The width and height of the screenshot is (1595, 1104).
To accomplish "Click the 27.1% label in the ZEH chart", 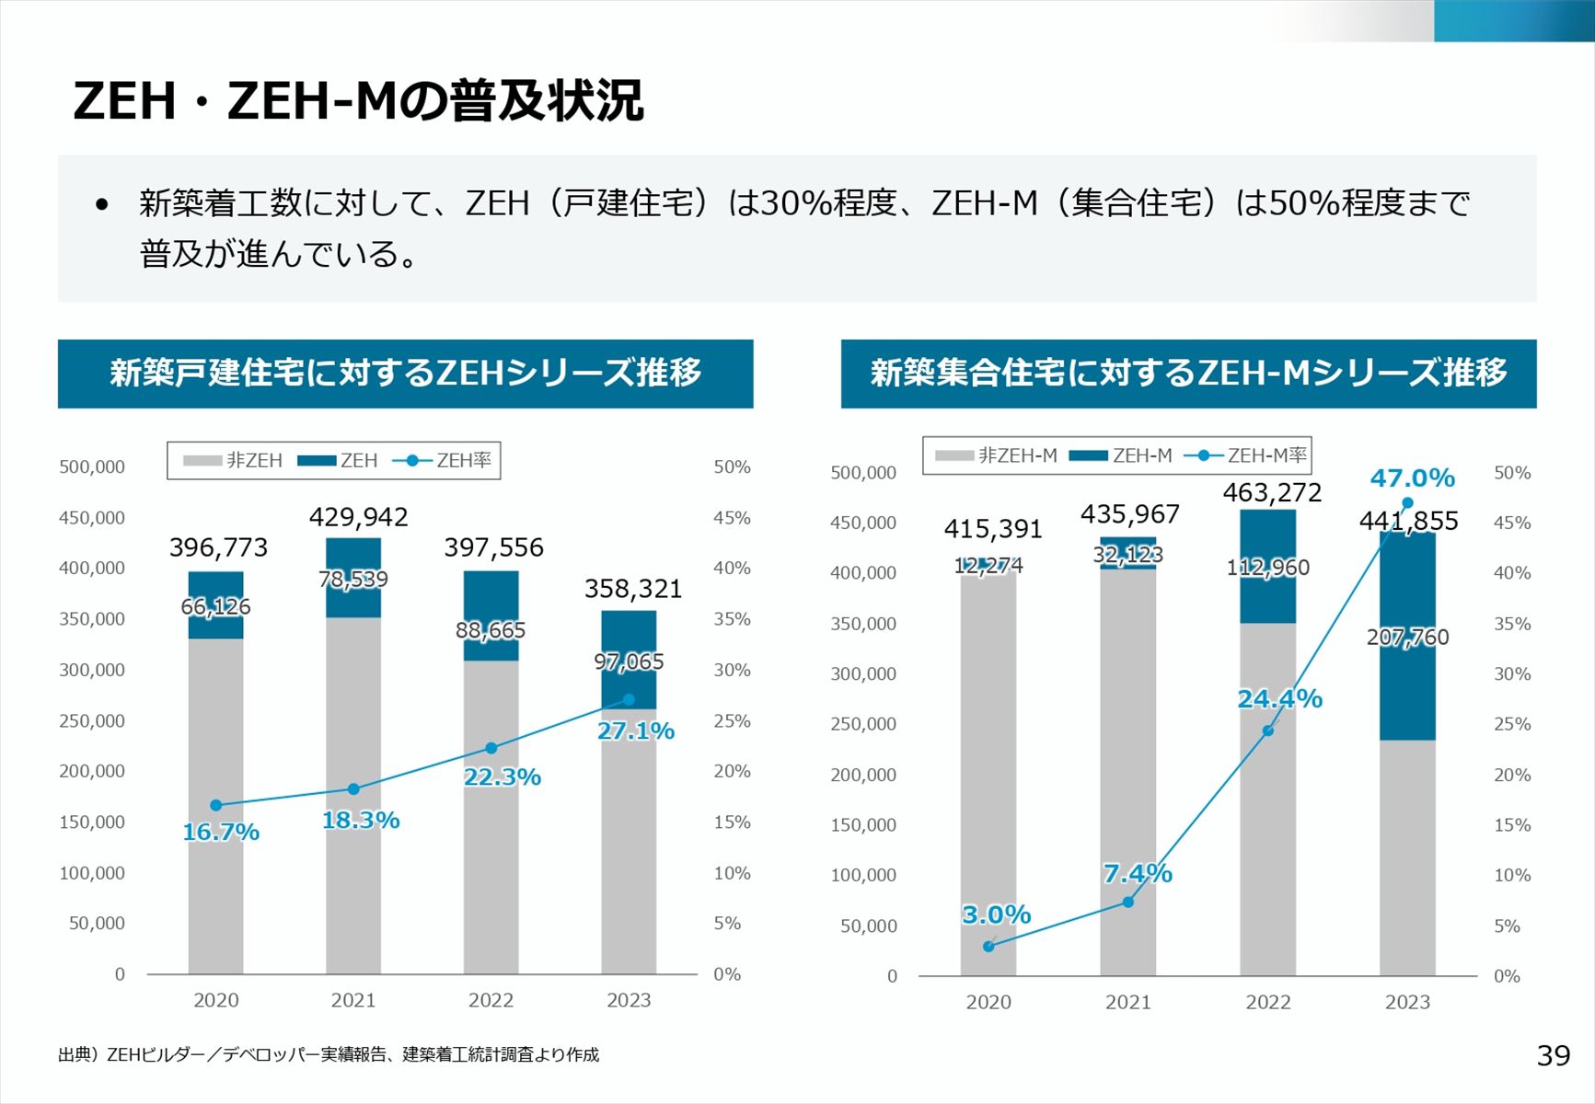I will click(x=636, y=731).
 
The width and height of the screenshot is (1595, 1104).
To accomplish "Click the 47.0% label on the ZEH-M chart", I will click(x=1412, y=478).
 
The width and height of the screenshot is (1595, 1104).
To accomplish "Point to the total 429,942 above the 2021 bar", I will click(x=358, y=517).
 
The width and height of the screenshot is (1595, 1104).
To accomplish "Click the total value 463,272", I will click(x=1272, y=493).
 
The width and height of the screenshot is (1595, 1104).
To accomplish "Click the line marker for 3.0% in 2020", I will click(x=988, y=946).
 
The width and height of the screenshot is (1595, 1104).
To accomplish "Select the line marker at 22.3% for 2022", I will click(x=491, y=748).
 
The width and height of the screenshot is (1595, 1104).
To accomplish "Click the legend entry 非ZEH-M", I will click(x=997, y=455).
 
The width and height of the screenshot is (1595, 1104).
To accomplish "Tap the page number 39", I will click(x=1554, y=1055).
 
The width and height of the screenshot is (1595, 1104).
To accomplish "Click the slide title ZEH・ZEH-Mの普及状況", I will click(x=358, y=100).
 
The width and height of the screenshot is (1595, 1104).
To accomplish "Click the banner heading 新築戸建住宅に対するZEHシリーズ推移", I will click(x=405, y=374).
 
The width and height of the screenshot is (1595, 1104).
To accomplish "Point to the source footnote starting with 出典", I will click(x=329, y=1054).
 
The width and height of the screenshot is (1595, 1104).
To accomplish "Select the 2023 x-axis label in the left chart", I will click(x=629, y=1000).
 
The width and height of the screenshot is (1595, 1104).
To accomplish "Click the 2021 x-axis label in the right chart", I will click(x=1127, y=1002).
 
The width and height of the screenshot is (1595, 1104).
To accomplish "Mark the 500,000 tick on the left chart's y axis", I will click(x=92, y=466).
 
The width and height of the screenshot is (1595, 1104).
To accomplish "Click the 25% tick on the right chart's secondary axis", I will click(x=1511, y=724).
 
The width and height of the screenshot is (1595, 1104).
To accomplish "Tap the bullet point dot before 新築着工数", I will click(x=102, y=204).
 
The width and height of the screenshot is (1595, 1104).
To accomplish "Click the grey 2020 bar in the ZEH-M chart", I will click(x=988, y=782).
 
